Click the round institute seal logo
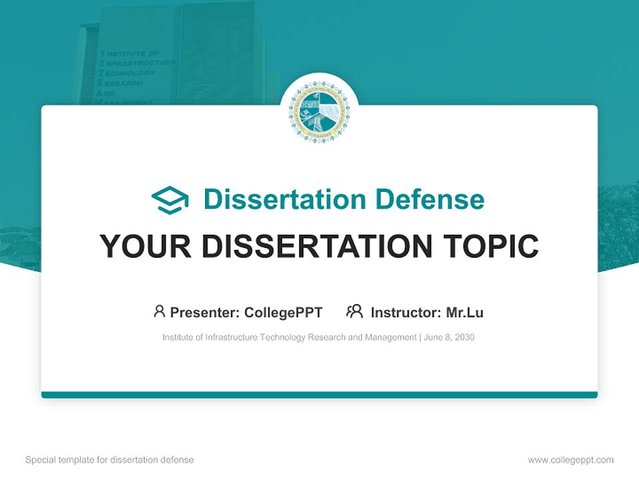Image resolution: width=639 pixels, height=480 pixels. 319,113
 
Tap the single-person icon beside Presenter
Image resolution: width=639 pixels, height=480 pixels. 159,311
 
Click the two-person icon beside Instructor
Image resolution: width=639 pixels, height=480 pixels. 355,311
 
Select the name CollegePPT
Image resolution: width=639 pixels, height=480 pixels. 284,312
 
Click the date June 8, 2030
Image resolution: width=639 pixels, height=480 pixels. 449,337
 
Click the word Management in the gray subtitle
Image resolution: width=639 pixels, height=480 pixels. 390,337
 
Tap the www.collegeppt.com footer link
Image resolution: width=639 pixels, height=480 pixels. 570,460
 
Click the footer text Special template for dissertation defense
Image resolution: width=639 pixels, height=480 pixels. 109,460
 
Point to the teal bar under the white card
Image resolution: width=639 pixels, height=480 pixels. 319,395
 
